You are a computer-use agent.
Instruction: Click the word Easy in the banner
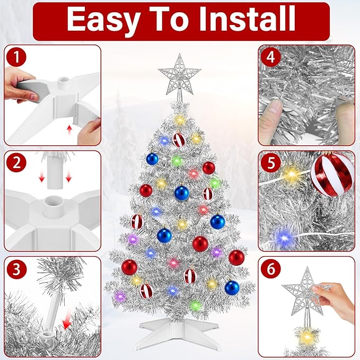coord(102,20)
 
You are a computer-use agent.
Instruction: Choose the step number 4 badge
coord(271,57)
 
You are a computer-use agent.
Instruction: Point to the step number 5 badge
coord(271,163)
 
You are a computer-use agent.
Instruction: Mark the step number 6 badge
coord(271,269)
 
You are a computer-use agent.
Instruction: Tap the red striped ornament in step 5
coord(331,174)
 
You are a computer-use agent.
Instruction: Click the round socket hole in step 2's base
coord(52,202)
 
